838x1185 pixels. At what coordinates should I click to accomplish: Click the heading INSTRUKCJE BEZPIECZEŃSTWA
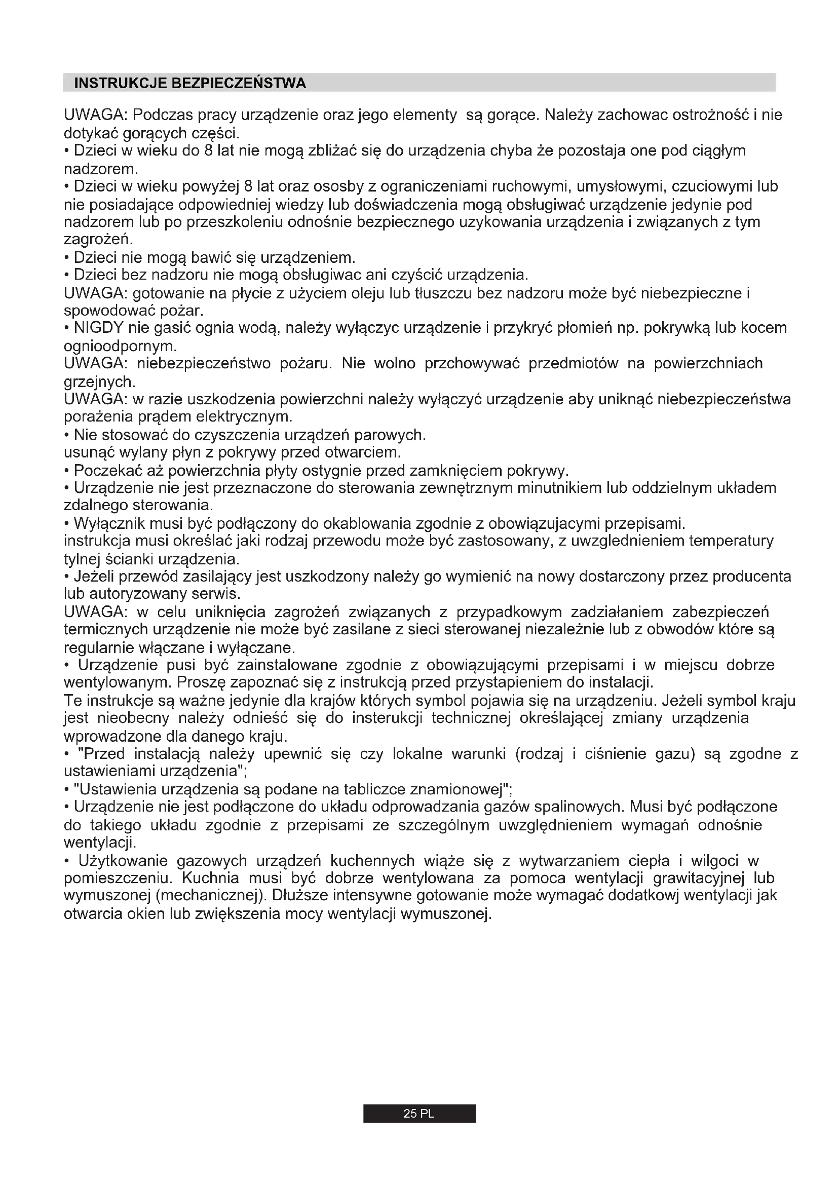pos(190,84)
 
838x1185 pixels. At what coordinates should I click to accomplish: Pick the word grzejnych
pos(99,382)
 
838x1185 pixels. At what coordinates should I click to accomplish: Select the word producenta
pos(752,577)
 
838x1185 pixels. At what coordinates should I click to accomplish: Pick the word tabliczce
pos(374,790)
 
